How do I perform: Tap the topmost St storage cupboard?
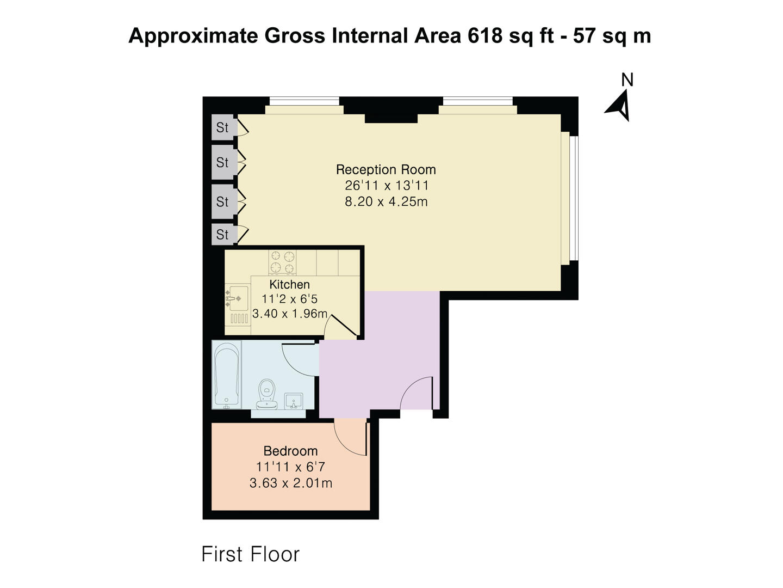(222, 127)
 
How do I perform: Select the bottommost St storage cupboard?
(222, 234)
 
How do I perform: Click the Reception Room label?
(386, 169)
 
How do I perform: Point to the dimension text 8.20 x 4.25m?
(386, 201)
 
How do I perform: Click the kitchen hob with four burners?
(283, 261)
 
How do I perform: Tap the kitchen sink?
(238, 298)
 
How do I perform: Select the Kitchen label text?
(289, 284)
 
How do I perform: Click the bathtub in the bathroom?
(227, 375)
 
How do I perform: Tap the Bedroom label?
(290, 451)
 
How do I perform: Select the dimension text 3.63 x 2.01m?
(290, 483)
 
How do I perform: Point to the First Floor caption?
(250, 554)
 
